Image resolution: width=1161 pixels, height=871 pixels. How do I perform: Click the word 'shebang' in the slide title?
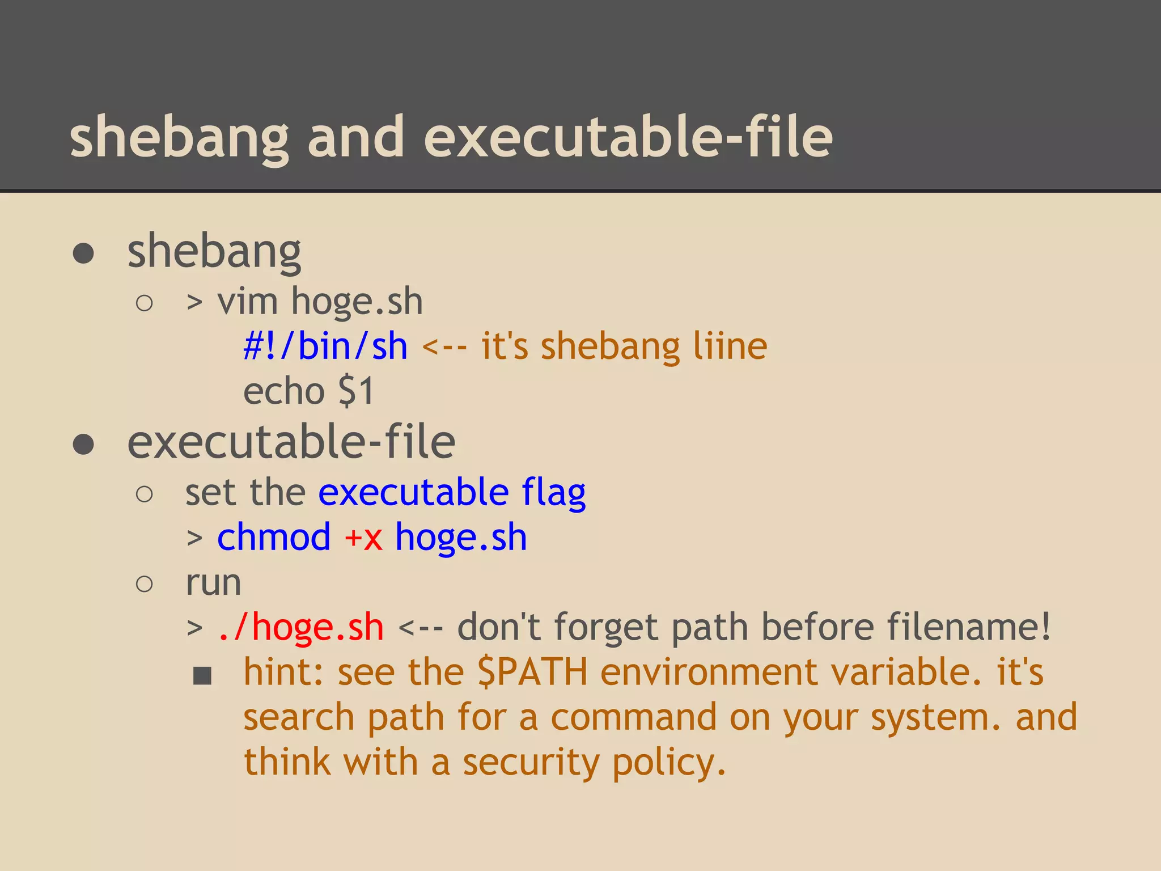click(x=179, y=138)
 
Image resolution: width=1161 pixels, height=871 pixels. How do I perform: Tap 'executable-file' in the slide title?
click(x=628, y=137)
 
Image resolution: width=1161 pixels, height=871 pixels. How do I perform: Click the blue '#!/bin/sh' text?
click(x=325, y=346)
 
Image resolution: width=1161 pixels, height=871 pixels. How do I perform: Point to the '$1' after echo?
click(x=356, y=391)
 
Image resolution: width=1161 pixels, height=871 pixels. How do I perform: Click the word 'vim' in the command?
click(x=248, y=301)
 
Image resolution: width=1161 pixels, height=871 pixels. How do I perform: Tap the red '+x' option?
click(x=363, y=537)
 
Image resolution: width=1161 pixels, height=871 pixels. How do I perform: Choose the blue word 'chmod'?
click(x=274, y=537)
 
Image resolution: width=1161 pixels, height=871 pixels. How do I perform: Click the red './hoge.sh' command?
click(x=301, y=627)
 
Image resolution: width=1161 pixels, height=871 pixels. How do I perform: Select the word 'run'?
click(x=213, y=584)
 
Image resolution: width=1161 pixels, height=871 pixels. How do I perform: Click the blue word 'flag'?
click(x=554, y=493)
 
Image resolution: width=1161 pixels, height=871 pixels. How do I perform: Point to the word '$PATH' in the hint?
click(x=532, y=673)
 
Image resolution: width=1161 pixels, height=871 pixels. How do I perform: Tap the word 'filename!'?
click(x=969, y=627)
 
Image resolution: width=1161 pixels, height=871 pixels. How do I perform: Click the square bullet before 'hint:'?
click(x=202, y=675)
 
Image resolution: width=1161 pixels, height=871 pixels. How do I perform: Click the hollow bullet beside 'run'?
click(x=145, y=584)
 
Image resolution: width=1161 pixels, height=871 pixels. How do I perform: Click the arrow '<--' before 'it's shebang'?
click(x=445, y=346)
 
